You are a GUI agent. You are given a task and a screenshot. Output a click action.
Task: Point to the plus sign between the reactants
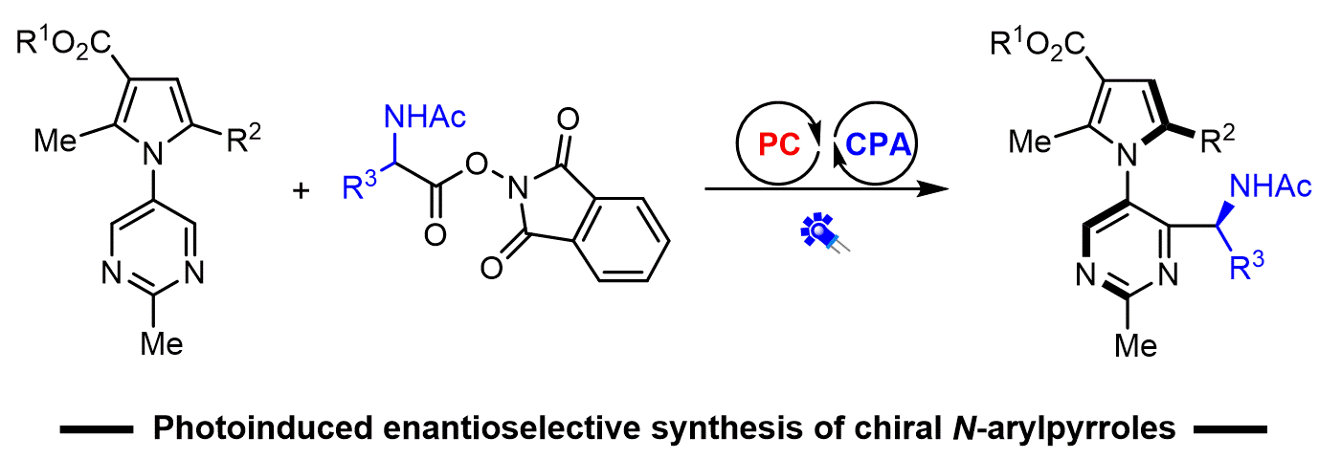tap(302, 191)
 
